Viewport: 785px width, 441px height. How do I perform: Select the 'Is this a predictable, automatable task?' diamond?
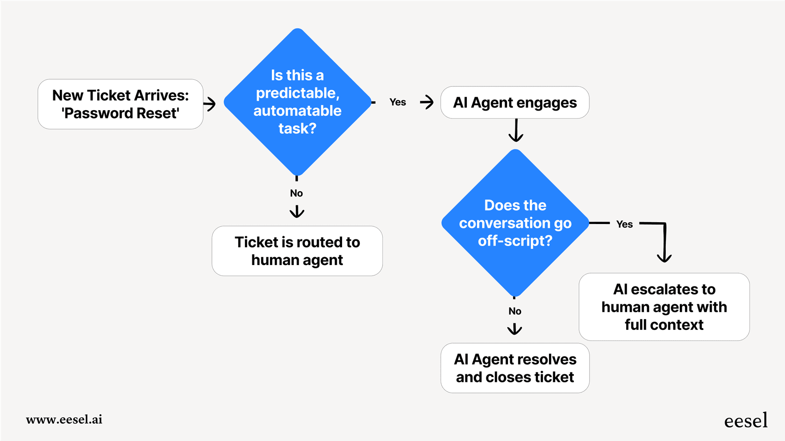297,102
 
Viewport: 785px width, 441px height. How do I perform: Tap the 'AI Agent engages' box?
514,103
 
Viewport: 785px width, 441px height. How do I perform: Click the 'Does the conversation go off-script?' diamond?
515,223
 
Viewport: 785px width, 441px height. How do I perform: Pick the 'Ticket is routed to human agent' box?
297,251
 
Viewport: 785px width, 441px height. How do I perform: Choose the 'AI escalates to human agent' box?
664,307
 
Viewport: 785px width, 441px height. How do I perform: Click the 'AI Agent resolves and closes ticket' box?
515,368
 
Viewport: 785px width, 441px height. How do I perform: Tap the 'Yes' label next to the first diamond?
398,102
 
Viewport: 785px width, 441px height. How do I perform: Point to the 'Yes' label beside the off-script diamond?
624,224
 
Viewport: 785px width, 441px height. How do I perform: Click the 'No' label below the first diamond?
296,193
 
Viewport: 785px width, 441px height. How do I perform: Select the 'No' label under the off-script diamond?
515,311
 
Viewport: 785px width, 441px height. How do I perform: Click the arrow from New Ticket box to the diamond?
210,104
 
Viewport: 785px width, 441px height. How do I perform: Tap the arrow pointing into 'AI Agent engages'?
427,102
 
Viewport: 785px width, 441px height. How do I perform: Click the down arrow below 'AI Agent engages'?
516,131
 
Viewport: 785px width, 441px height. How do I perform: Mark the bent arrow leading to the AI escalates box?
664,240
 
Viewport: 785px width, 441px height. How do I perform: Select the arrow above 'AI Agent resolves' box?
514,329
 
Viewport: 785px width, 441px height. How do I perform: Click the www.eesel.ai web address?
64,420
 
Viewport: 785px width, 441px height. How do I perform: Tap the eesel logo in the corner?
746,420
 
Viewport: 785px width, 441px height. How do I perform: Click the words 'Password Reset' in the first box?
121,113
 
